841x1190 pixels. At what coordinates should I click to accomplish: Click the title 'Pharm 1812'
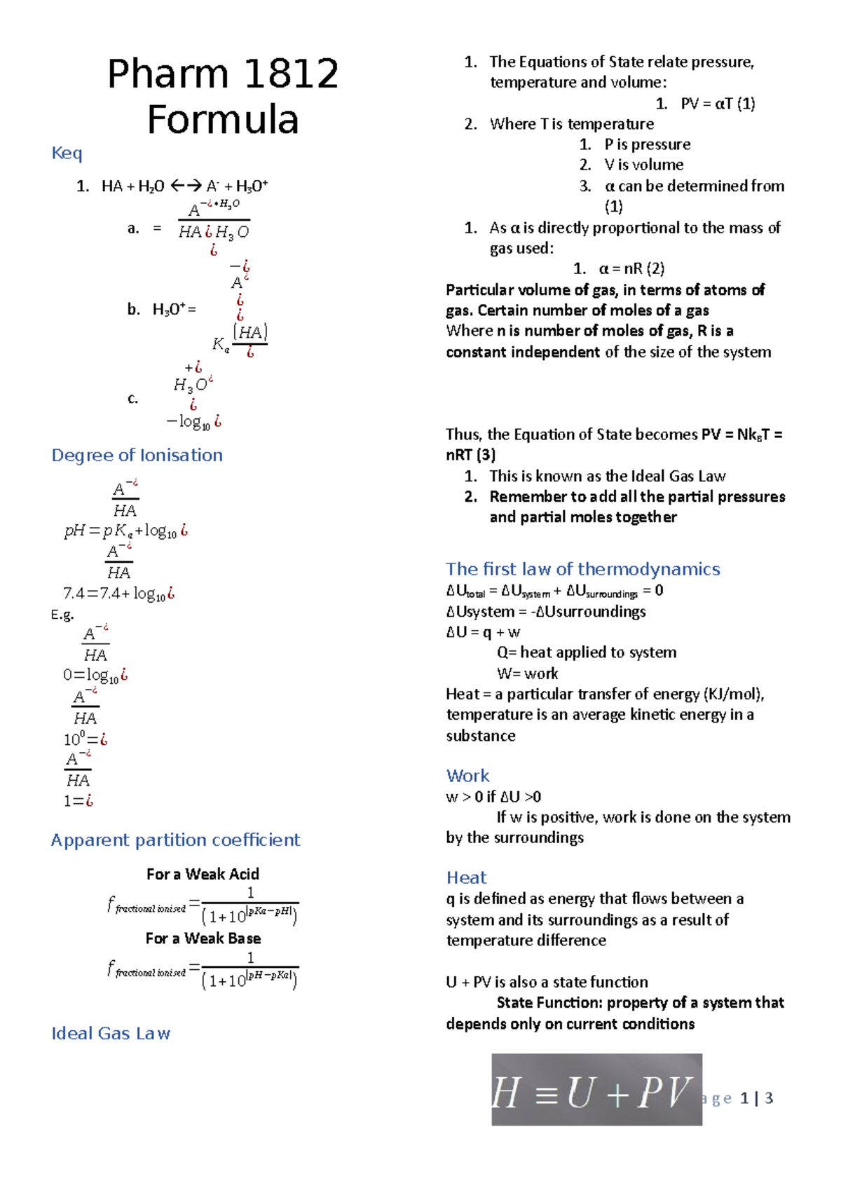tap(223, 74)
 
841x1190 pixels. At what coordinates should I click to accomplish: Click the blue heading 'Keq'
tap(67, 153)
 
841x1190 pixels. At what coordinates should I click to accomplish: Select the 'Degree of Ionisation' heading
tap(137, 455)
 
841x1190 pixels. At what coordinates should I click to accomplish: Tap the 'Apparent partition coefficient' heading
tap(175, 840)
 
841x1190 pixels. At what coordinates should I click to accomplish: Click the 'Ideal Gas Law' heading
tap(111, 1033)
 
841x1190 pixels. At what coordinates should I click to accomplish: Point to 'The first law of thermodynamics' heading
tap(582, 568)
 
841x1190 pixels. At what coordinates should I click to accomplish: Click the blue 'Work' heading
tap(467, 775)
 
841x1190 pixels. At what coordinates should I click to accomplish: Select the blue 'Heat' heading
tap(466, 877)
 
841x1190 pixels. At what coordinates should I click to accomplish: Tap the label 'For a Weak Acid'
tap(203, 874)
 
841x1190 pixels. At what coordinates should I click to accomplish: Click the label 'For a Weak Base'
tap(203, 938)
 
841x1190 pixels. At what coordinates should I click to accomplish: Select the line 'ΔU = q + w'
tap(483, 632)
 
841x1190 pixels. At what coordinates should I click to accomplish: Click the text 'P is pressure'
tap(647, 144)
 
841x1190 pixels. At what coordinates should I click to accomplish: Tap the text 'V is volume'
tap(643, 165)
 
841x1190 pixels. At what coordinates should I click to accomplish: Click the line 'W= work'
tap(527, 673)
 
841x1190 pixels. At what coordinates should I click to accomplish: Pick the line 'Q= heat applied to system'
tap(587, 652)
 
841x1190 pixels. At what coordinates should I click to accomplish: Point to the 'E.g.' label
tap(62, 615)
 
